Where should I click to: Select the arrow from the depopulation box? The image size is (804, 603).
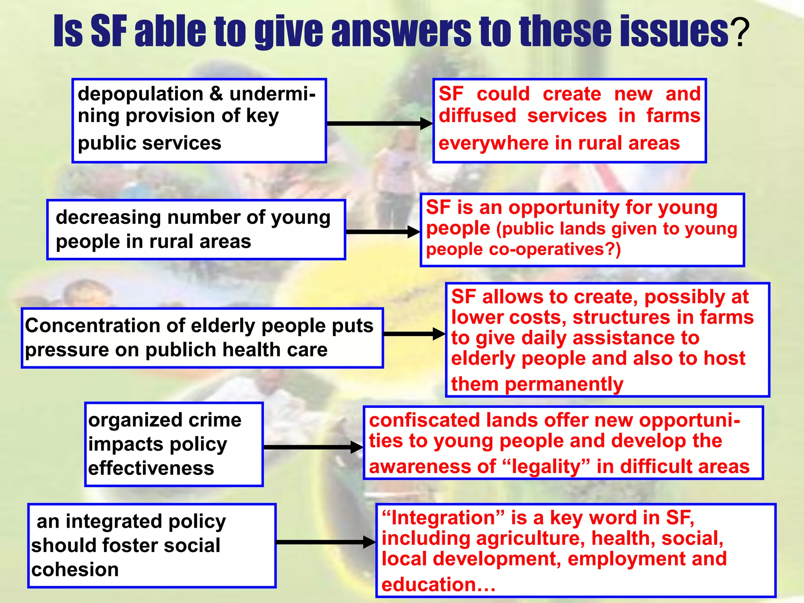coord(379,123)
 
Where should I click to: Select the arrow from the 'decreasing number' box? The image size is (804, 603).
coord(382,232)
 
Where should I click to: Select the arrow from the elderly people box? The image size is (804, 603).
coord(414,334)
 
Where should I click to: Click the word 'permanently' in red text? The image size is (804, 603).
coord(564,384)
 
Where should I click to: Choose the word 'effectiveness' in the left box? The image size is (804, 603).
coord(151,468)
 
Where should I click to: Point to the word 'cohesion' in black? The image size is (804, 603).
coord(75,570)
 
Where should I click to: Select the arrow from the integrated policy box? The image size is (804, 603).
coord(325,542)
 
